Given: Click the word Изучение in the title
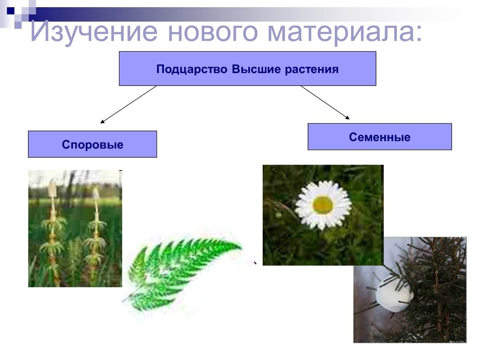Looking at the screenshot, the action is [94, 32].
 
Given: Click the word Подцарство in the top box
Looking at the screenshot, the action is [192, 70].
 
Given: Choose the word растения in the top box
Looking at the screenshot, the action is [312, 70].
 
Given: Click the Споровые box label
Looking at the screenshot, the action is [93, 144].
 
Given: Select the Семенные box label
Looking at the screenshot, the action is [379, 137].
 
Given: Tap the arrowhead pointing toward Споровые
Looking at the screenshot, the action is [102, 122].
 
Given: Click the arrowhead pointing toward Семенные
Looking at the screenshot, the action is [347, 118].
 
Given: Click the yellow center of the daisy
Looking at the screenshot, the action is [323, 205].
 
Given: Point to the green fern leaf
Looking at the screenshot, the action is [182, 271].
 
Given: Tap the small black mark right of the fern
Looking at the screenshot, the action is [255, 263].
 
